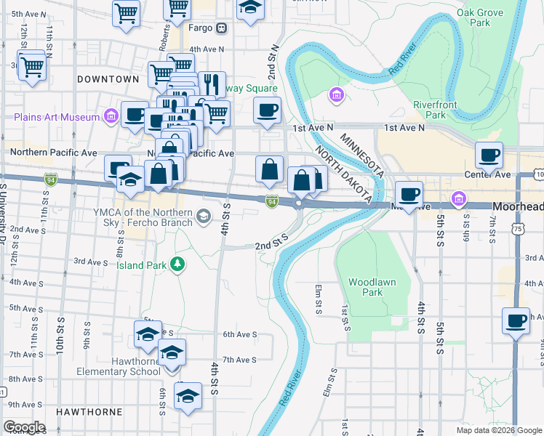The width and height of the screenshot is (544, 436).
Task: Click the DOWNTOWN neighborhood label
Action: (x=108, y=78)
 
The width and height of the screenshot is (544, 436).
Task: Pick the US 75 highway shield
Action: (x=517, y=228)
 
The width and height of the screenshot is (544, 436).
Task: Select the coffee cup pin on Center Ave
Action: (x=489, y=155)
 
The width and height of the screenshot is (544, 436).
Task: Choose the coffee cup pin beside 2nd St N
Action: (x=267, y=110)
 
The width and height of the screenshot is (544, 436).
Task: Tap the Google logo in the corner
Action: (x=23, y=427)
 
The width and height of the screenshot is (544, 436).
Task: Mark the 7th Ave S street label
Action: (x=239, y=360)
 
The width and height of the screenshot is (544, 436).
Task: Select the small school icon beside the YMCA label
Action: (x=205, y=214)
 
